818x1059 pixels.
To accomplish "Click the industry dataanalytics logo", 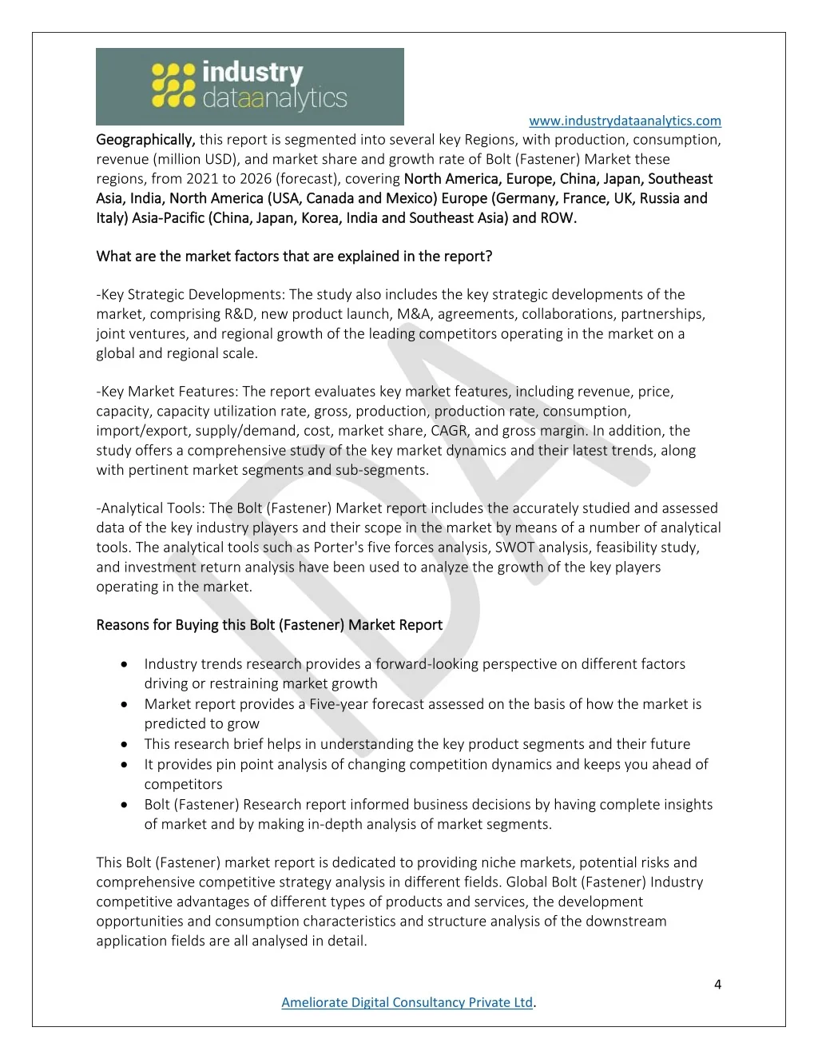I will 249,86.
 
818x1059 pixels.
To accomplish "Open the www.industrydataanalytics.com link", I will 625,121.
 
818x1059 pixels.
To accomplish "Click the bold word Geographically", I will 145,140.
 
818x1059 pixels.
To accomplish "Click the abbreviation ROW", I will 557,217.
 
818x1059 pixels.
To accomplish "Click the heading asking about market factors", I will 294,257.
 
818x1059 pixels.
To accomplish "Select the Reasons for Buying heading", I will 269,625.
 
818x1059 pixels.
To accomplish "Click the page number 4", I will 717,985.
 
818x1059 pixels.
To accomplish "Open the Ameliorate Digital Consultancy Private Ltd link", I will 407,1002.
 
